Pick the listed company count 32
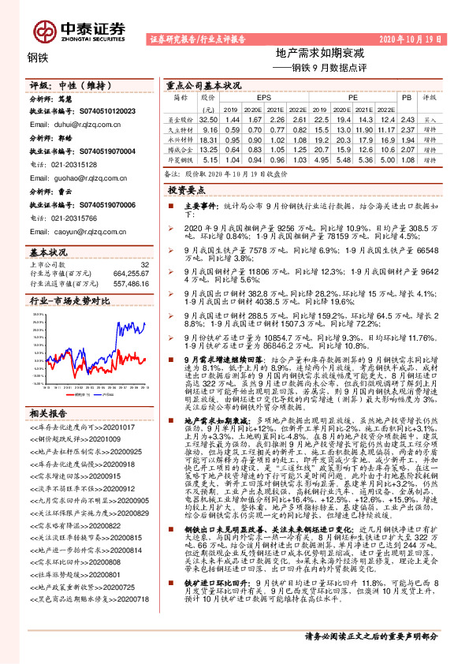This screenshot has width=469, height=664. [x=144, y=264]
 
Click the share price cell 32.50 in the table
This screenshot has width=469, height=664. [x=209, y=117]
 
